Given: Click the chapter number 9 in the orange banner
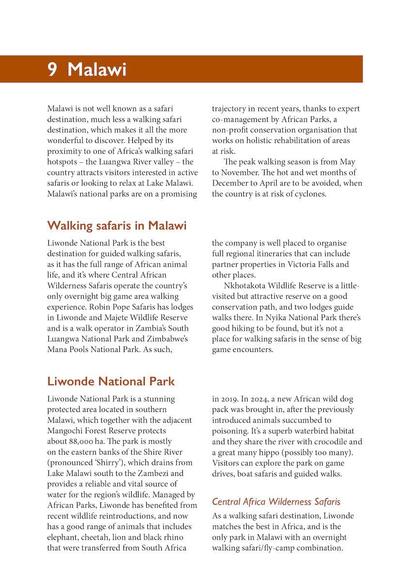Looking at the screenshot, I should pos(52,69).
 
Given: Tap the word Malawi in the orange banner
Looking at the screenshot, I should pos(97,69).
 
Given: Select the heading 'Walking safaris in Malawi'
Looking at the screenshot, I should pos(117,226).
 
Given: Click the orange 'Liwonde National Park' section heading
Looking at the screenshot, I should pos(111,382).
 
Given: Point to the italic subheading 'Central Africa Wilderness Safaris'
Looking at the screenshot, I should pos(276,502).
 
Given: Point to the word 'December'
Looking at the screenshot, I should pos(229,183).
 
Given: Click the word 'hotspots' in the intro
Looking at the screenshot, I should pos(64,162).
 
